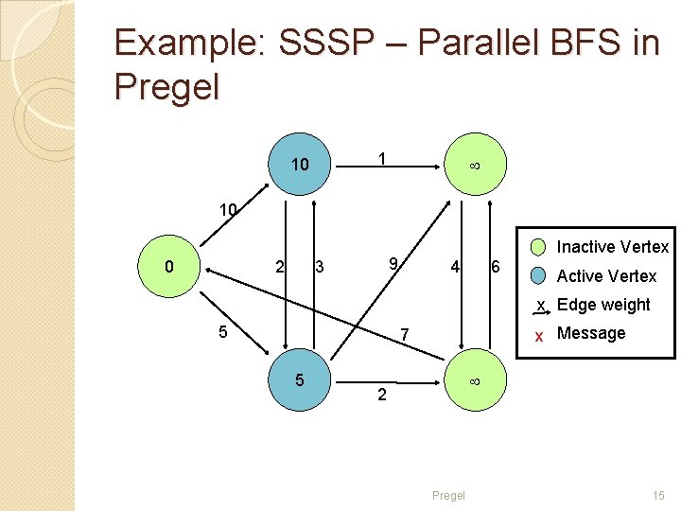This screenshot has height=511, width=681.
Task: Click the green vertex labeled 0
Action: point(169,266)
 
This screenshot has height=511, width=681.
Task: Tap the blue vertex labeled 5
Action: point(300,380)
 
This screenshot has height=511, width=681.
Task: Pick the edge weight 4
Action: point(455,267)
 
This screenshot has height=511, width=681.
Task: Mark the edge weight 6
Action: point(495,267)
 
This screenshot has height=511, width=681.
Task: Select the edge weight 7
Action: point(404,335)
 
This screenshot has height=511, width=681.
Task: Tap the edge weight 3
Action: point(320,268)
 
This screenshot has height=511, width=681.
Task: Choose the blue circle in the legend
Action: point(538,276)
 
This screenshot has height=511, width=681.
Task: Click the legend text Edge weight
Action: point(603,305)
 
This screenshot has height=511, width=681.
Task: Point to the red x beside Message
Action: point(538,335)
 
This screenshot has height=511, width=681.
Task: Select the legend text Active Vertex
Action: point(606,276)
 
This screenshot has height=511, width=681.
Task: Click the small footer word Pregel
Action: point(448,495)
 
